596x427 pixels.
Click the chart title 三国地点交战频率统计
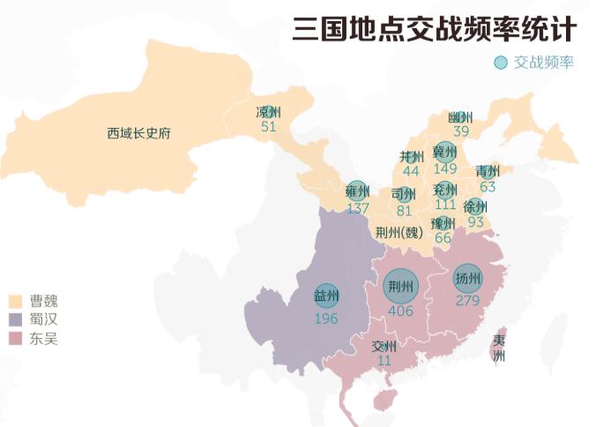tap(435, 28)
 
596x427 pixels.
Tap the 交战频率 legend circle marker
tap(501, 64)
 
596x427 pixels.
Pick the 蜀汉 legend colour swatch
tap(16, 319)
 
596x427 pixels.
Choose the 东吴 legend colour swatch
tap(16, 338)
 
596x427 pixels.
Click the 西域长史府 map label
tap(138, 134)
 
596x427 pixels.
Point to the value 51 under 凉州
tap(269, 127)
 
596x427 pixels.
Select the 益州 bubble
tap(326, 296)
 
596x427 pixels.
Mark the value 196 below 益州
tap(326, 318)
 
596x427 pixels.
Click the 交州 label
tap(384, 347)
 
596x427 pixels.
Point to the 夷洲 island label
tap(499, 348)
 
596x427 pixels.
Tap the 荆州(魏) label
tap(399, 232)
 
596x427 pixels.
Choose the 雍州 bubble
tap(357, 192)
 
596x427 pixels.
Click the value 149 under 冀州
tap(445, 169)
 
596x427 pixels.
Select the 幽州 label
tap(460, 117)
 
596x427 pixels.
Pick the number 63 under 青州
tap(488, 187)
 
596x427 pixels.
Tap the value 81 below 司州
tap(404, 211)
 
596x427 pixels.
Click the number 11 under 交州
tap(384, 361)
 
